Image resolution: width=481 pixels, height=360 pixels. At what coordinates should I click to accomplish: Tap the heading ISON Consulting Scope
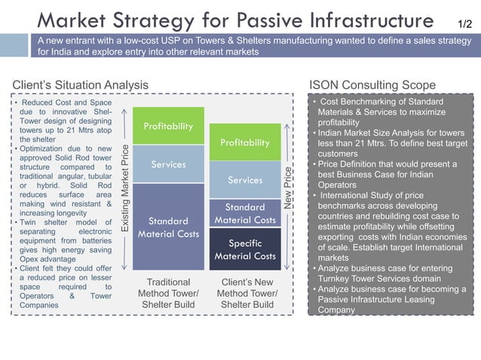click(372, 84)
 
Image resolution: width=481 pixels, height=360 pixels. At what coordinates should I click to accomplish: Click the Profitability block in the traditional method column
click(168, 126)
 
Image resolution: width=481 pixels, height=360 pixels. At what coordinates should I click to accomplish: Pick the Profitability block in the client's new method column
click(244, 142)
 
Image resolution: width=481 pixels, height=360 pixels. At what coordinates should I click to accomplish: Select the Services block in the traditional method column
click(168, 164)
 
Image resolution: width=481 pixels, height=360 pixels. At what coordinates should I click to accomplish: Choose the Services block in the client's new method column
click(244, 180)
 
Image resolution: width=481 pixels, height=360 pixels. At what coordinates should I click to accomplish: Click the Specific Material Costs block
click(244, 249)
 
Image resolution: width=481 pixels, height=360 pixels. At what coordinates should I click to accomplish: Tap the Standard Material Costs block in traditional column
click(168, 227)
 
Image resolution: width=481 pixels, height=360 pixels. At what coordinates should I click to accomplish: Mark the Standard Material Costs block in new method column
click(244, 213)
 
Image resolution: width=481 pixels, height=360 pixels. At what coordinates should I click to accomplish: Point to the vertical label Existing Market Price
click(125, 188)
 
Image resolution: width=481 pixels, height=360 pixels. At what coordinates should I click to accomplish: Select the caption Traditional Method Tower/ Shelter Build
click(168, 293)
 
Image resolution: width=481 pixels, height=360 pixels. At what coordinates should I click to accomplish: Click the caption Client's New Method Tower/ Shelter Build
click(245, 293)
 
